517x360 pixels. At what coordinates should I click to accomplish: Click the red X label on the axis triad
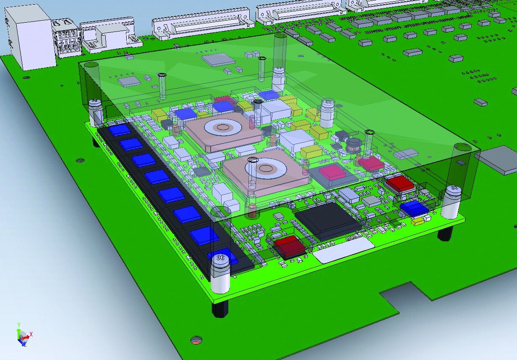[31, 334]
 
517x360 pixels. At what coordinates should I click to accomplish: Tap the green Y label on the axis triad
[19, 325]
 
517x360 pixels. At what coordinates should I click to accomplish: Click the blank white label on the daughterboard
[342, 250]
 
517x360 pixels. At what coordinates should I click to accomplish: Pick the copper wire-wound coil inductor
[354, 146]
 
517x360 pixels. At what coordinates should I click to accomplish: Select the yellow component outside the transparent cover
[418, 222]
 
